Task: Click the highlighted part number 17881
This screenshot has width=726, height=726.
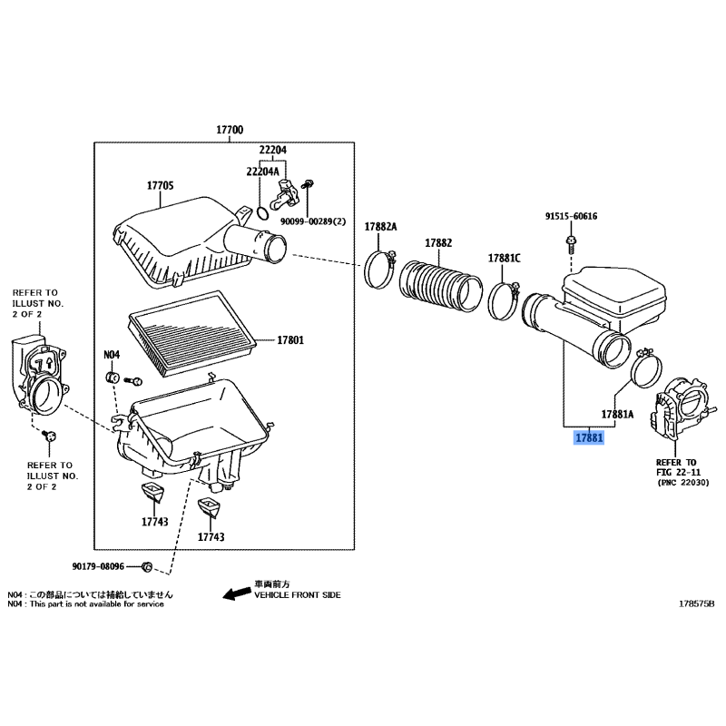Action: pos(588,438)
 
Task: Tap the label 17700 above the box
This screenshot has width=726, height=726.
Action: pos(229,131)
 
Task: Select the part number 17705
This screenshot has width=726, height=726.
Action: pos(160,186)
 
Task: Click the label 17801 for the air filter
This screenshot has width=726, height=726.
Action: pos(289,340)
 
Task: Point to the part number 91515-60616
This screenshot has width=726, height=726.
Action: pos(572,217)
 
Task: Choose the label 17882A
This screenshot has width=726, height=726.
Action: pos(381,226)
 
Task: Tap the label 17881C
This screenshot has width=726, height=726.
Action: pos(505,258)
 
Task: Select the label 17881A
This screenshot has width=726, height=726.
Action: pos(617,414)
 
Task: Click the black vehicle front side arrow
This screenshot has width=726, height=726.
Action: pos(237,594)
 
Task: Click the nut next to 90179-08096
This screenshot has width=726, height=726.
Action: pos(146,567)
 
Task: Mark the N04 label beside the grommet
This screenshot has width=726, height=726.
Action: pos(111,355)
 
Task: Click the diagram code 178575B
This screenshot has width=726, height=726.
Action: pos(697,603)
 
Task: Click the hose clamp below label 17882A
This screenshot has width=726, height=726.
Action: pos(381,269)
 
